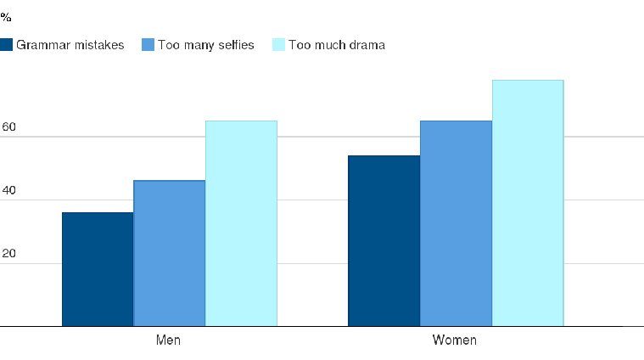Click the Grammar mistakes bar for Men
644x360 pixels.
pyautogui.click(x=98, y=269)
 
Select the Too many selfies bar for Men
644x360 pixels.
pyautogui.click(x=170, y=253)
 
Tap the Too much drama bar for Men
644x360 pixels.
pyautogui.click(x=242, y=223)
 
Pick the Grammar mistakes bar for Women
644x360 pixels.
pyautogui.click(x=384, y=241)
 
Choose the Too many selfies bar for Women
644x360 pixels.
pyautogui.click(x=456, y=223)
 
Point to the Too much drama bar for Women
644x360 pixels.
pyautogui.click(x=528, y=203)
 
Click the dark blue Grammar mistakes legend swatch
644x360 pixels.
pyautogui.click(x=6, y=45)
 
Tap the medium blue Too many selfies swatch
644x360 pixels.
pyautogui.click(x=148, y=45)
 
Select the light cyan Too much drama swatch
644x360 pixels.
pyautogui.click(x=278, y=45)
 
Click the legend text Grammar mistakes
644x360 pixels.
pyautogui.click(x=70, y=45)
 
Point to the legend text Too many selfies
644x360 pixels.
pyautogui.click(x=206, y=45)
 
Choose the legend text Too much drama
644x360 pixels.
pyautogui.click(x=337, y=45)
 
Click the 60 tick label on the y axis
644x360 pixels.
pyautogui.click(x=8, y=127)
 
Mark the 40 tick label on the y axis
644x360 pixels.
pyautogui.click(x=8, y=190)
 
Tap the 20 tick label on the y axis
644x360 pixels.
pyautogui.click(x=8, y=254)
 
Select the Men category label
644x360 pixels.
pyautogui.click(x=168, y=340)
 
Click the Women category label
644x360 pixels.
pyautogui.click(x=455, y=340)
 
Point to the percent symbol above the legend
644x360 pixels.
pyautogui.click(x=6, y=17)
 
